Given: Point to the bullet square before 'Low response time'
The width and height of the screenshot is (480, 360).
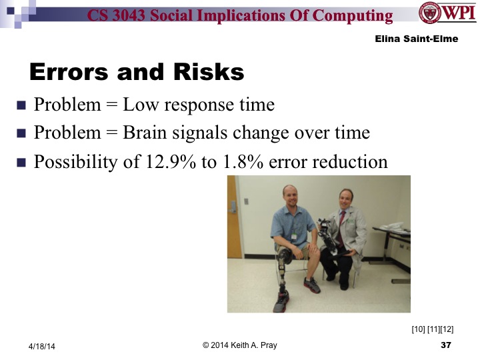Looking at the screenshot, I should pos(21,105).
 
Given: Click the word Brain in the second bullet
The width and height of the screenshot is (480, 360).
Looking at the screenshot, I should pos(145,133).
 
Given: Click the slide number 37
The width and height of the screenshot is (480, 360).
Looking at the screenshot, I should pos(446,345).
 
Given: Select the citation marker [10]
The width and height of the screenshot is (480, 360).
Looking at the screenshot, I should pos(420,329).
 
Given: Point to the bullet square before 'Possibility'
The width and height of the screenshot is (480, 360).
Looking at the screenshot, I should pos(21,161).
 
